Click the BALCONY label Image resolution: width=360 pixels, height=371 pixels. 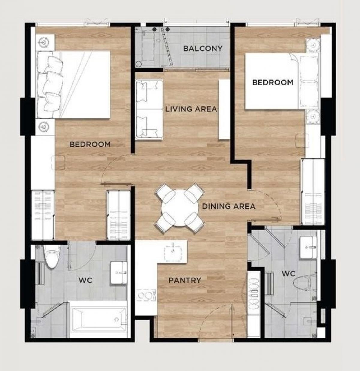click(x=203, y=49)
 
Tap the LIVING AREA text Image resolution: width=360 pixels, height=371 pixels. click(x=191, y=109)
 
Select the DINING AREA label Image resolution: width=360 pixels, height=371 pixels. click(x=229, y=206)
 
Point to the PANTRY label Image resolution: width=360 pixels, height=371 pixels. click(x=185, y=280)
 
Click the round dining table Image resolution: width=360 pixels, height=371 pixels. click(x=180, y=208)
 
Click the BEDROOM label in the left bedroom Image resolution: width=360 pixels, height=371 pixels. click(x=90, y=144)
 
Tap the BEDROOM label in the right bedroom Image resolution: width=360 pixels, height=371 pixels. click(x=273, y=82)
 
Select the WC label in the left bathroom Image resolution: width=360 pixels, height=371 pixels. click(x=85, y=280)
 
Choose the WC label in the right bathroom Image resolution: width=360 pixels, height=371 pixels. click(x=289, y=274)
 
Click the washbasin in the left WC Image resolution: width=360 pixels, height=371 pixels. click(x=119, y=273)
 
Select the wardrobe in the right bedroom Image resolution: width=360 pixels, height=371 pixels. click(x=313, y=192)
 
